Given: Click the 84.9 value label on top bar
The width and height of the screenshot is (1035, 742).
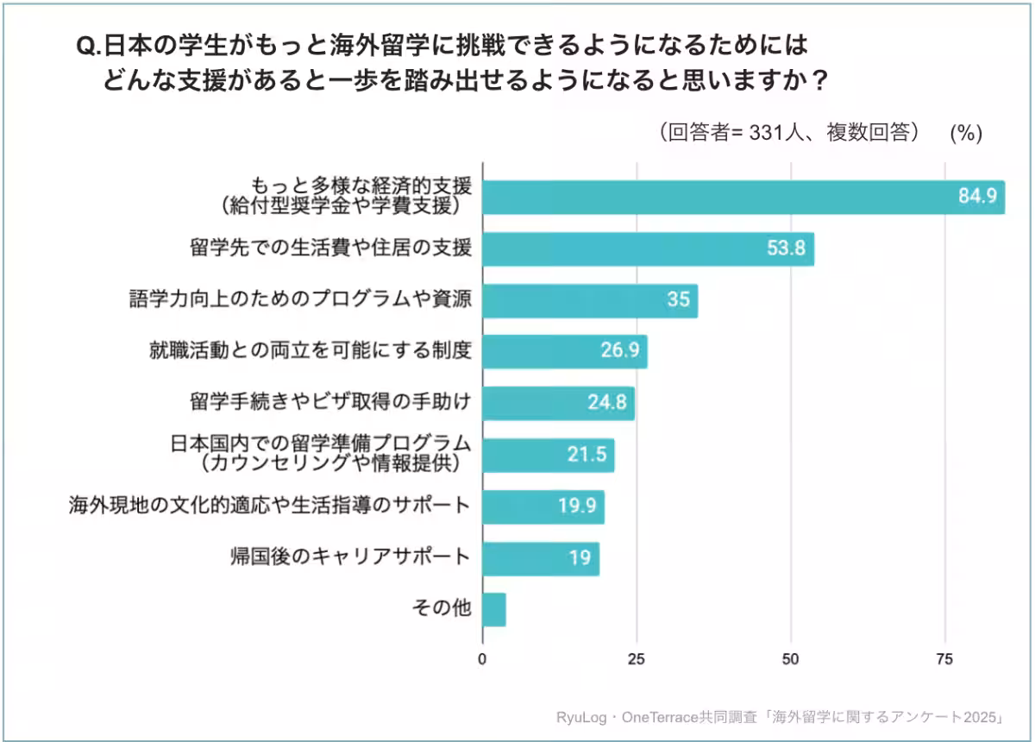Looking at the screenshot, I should [977, 197].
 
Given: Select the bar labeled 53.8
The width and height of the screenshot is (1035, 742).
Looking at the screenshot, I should [647, 249].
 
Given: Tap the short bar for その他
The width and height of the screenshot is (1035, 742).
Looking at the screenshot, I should [494, 609].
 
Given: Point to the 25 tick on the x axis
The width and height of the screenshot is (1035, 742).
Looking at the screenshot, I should [636, 660].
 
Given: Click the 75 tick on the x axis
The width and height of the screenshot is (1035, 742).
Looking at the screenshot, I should [944, 660].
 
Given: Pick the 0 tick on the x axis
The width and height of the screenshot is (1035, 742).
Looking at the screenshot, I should [482, 660].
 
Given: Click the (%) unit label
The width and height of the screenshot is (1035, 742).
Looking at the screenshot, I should [966, 133].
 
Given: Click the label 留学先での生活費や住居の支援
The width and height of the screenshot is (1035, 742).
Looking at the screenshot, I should [330, 248].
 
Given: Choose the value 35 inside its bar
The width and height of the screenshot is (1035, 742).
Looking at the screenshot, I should [677, 300].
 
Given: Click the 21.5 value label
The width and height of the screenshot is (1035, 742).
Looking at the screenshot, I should [587, 455].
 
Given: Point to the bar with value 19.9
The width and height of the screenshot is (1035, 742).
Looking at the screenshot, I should [543, 506].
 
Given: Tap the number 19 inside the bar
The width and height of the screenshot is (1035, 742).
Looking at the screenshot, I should [580, 557].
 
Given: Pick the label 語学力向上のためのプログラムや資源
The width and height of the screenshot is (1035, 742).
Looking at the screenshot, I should [299, 299].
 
